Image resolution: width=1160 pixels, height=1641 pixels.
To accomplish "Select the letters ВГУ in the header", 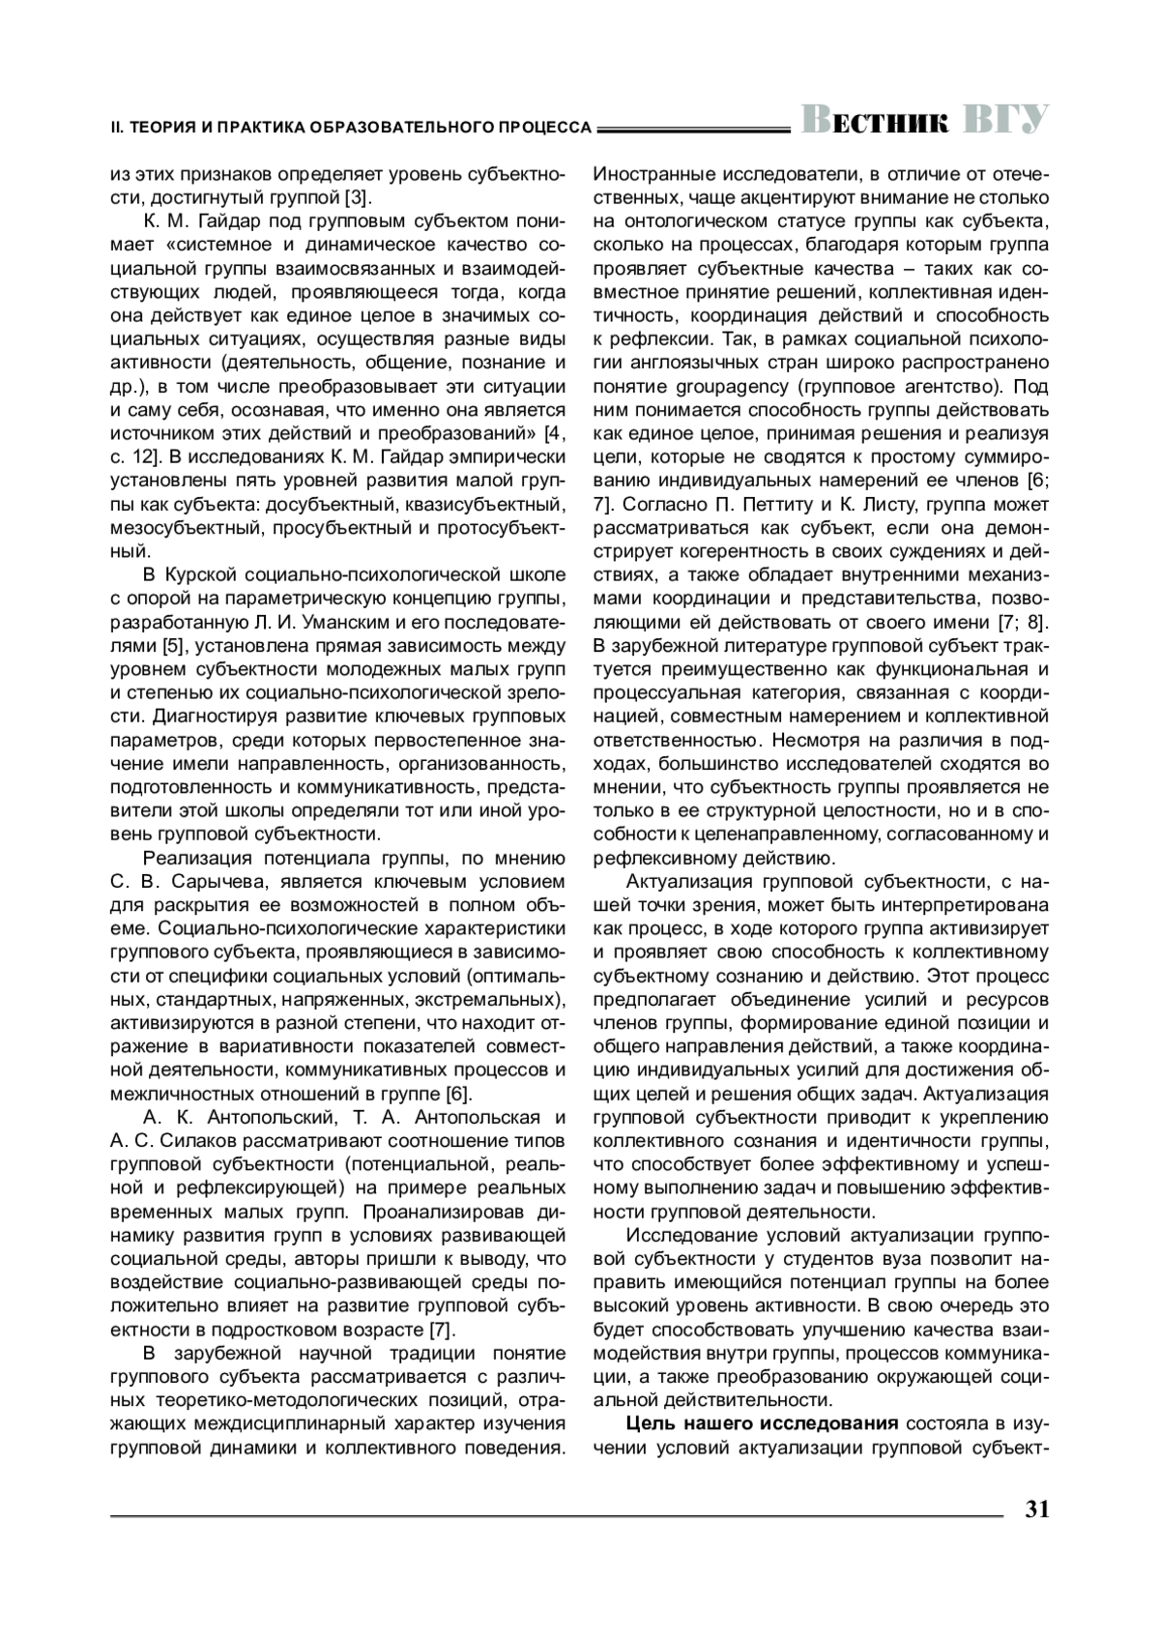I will coord(1006,122).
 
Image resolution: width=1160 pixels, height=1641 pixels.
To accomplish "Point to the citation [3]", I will coord(357,198).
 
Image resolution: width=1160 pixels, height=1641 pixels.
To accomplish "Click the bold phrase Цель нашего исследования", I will coord(763,1423).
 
